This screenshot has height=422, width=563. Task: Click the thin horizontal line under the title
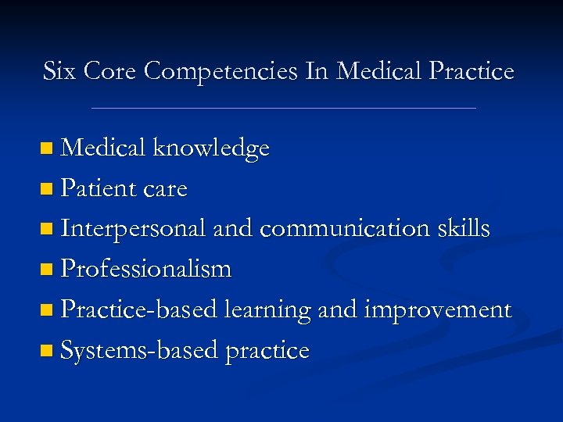(283, 108)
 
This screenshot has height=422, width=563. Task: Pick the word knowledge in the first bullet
(211, 148)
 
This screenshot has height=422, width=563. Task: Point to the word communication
(344, 229)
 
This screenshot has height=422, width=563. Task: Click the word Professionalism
(146, 270)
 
